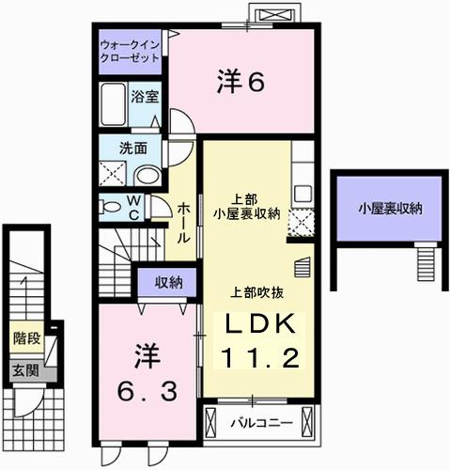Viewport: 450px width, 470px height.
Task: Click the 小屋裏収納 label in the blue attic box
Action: tap(388, 209)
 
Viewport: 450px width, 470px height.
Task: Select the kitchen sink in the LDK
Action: tap(303, 193)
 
